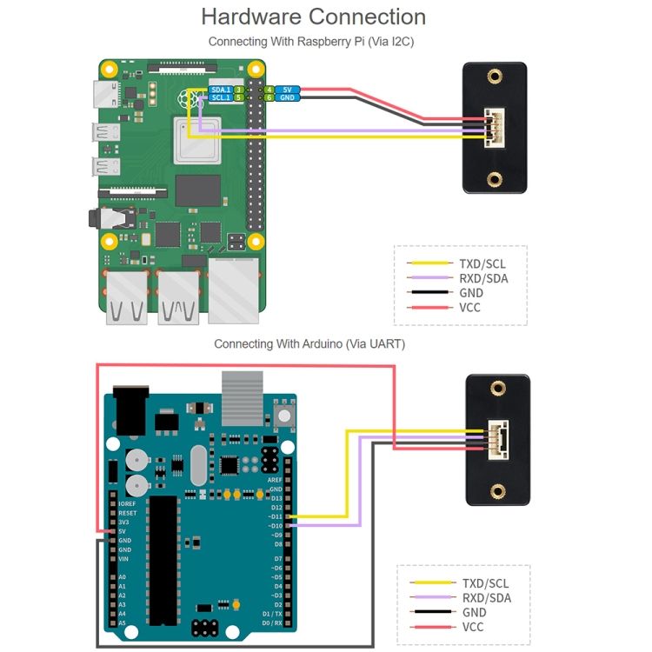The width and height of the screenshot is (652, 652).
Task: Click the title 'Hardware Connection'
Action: tap(313, 17)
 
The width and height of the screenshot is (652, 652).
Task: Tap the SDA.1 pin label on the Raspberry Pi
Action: tap(221, 90)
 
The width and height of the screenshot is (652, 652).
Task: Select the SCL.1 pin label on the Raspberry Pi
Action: tap(221, 98)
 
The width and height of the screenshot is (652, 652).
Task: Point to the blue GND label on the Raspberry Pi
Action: tap(289, 98)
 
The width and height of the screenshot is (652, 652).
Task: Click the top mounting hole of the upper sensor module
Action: tap(495, 77)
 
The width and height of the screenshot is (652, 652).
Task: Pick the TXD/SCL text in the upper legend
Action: tap(483, 263)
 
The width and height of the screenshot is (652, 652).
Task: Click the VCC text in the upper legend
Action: tap(470, 308)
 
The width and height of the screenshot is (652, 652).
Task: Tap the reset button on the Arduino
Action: tap(282, 409)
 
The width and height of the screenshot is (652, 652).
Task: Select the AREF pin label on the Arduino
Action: tap(275, 479)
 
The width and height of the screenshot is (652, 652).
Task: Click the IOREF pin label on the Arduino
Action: tap(127, 503)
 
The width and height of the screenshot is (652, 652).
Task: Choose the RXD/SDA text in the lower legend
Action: tap(486, 598)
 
